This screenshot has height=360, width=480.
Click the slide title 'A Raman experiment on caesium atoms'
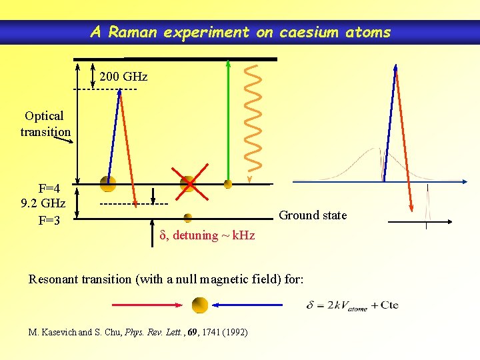click(x=240, y=31)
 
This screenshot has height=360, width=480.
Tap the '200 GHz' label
click(x=123, y=77)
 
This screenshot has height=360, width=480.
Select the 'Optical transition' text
click(x=45, y=124)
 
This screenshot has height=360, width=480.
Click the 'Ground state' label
click(x=313, y=215)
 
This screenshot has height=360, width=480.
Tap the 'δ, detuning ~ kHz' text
click(x=207, y=235)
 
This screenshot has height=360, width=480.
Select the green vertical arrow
click(x=228, y=120)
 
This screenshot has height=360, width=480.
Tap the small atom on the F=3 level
click(x=188, y=217)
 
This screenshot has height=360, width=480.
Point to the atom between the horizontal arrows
click(x=200, y=305)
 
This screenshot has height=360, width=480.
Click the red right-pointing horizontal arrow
click(x=147, y=305)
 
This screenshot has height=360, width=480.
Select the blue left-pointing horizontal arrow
click(x=248, y=305)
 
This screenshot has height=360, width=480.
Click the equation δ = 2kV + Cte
click(x=353, y=305)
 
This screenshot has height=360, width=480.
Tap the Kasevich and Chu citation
click(x=139, y=331)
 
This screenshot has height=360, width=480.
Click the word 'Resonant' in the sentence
click(x=52, y=279)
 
